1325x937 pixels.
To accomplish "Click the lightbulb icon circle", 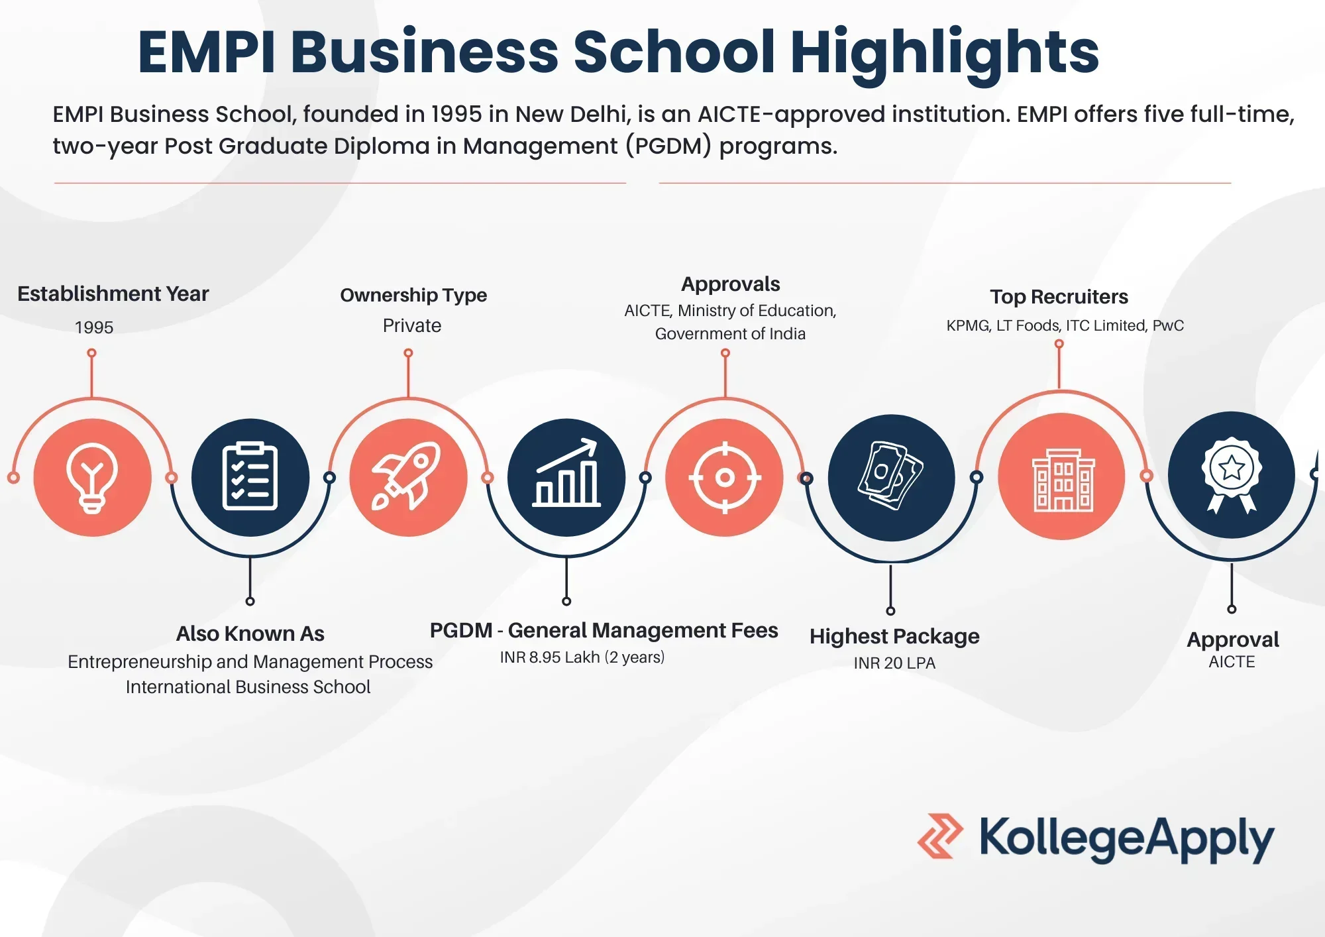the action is click(x=93, y=477).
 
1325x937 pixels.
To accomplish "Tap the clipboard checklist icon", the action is click(x=250, y=477).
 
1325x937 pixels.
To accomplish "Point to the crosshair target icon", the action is click(x=725, y=477).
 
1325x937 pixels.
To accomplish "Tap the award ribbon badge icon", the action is click(x=1232, y=474).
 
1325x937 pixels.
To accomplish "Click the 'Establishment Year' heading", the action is click(x=113, y=294).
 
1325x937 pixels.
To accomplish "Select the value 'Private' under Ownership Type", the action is click(x=412, y=325).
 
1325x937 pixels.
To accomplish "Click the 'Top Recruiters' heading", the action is click(x=1059, y=297).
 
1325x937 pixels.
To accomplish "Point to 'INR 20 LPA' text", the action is click(x=894, y=663).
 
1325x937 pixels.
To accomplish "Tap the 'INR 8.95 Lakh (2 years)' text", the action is click(x=582, y=657).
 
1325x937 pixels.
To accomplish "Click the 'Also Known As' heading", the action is click(x=250, y=634).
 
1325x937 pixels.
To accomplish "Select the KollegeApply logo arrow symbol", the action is click(x=940, y=836).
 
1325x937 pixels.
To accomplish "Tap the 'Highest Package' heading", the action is click(x=894, y=637).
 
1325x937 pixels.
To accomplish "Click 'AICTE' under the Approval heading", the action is click(x=1232, y=662).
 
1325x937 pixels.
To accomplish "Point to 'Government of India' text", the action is click(x=730, y=334).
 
